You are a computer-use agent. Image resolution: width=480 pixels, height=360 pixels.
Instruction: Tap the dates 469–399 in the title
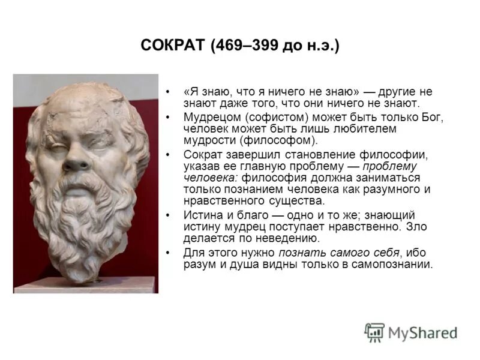246,46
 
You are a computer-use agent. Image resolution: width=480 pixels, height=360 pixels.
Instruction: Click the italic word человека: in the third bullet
208,178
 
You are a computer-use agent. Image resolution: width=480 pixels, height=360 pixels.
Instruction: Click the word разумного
398,190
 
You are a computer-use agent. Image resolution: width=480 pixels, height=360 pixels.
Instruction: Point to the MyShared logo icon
375,332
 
